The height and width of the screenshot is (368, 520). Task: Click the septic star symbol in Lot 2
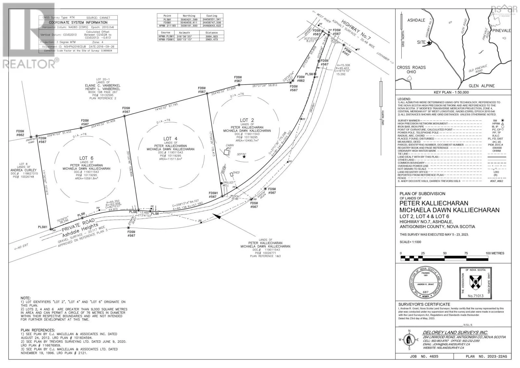244,157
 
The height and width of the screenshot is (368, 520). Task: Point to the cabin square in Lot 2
227,152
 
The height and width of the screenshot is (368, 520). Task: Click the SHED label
236,172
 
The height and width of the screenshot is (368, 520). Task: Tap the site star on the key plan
429,43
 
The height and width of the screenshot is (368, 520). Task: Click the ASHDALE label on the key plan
416,20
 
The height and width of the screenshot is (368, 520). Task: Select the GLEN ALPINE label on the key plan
482,86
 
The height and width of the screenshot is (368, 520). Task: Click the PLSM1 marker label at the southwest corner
43,227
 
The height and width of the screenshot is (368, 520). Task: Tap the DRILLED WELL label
228,184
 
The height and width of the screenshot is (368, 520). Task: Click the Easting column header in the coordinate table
212,16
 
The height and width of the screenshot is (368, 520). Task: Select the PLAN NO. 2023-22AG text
486,357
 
